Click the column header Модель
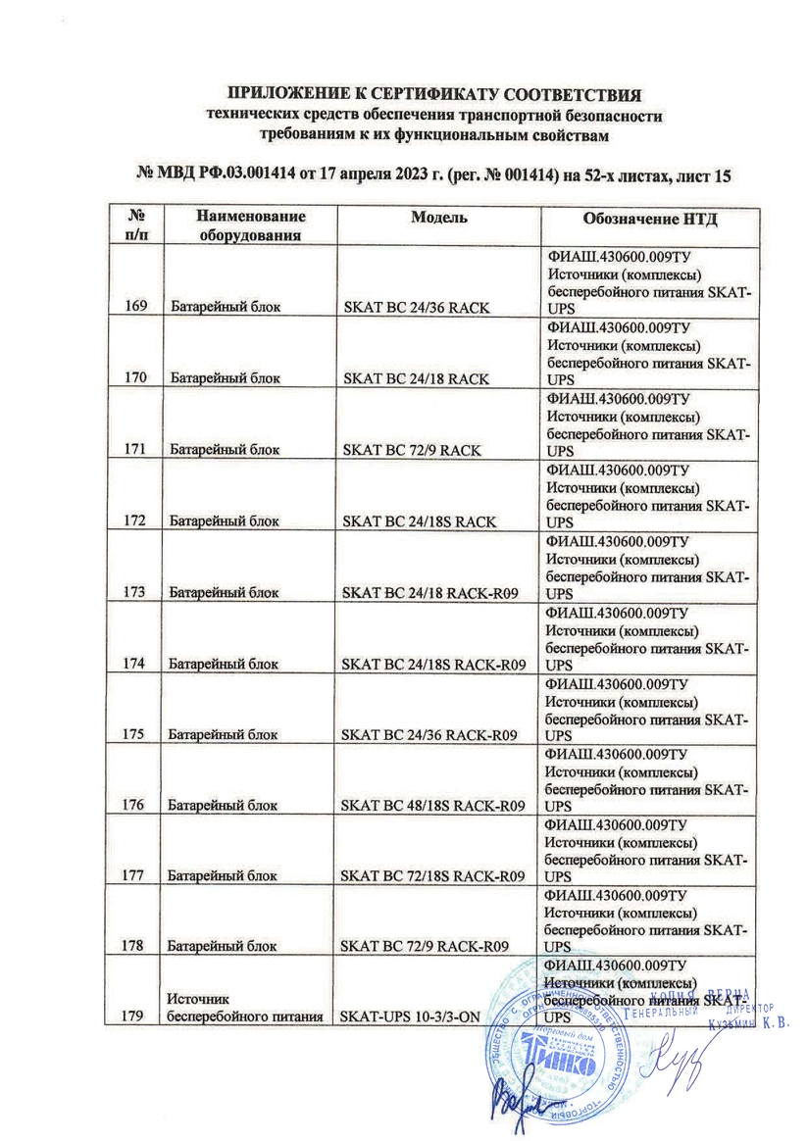pos(437,218)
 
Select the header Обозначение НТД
pos(649,218)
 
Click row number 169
pos(136,307)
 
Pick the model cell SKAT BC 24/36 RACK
pos(415,308)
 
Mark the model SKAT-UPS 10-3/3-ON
pos(409,1017)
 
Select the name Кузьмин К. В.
pos(747,1025)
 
